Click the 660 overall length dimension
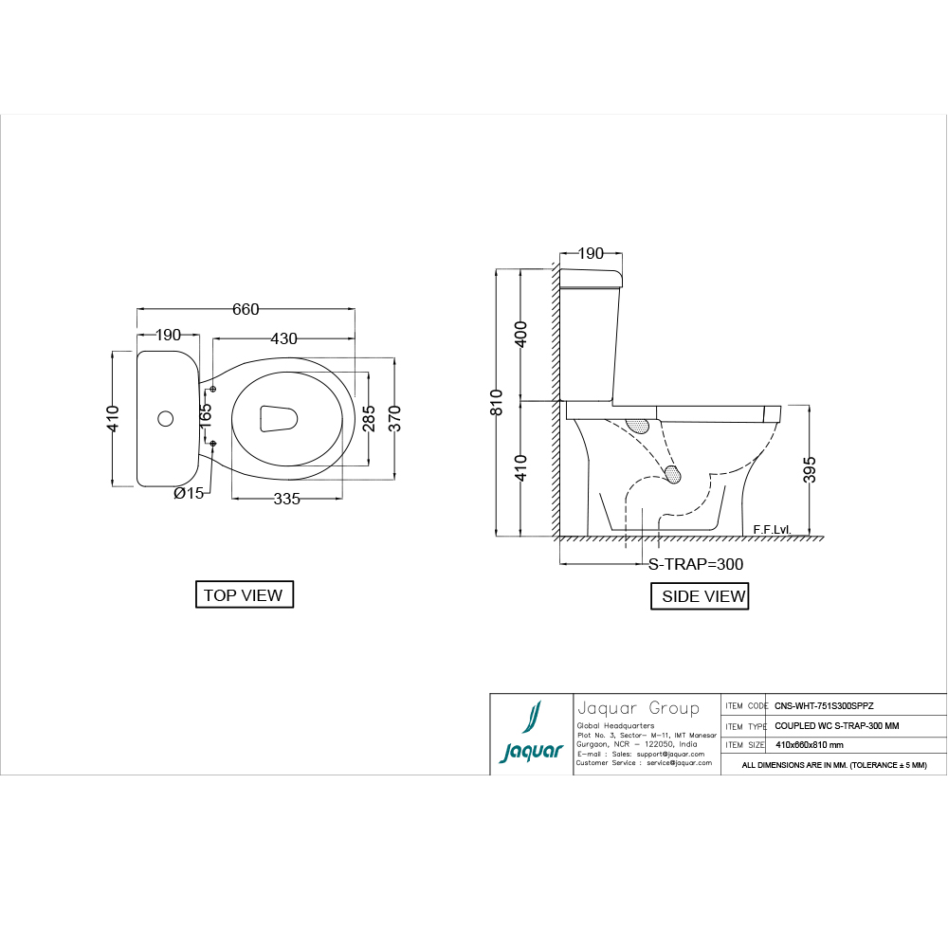(x=246, y=309)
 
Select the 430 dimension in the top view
(x=283, y=338)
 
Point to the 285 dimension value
(x=369, y=418)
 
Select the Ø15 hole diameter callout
(x=188, y=493)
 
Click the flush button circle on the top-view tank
(x=165, y=418)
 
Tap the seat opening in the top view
(x=278, y=418)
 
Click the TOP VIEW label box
(x=244, y=595)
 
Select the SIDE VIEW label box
(x=701, y=596)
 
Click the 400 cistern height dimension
(x=520, y=335)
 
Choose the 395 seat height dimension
(x=809, y=469)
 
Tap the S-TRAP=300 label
(x=695, y=564)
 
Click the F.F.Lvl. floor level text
(x=772, y=528)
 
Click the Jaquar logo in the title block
(x=531, y=735)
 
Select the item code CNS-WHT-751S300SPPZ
(x=824, y=706)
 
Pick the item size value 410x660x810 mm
(x=809, y=745)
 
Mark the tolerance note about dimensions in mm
(x=833, y=764)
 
